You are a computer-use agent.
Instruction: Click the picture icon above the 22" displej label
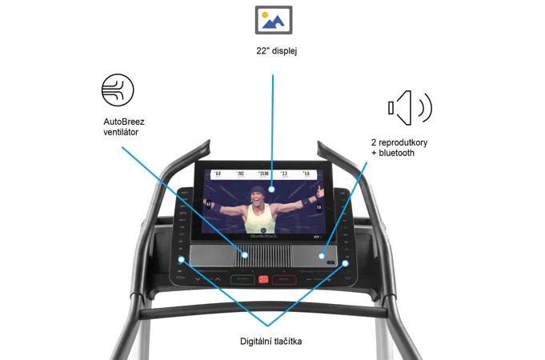tap(273, 18)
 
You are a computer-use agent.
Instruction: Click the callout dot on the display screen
tap(272, 190)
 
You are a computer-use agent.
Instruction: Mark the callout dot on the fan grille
tap(244, 256)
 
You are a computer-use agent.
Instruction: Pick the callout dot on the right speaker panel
tap(322, 257)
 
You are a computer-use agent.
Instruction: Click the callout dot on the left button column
tap(182, 260)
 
